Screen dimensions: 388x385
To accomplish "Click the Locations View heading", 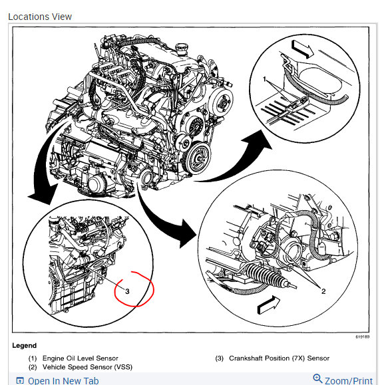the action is click(x=40, y=17).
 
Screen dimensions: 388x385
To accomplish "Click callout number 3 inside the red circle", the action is click(x=127, y=291).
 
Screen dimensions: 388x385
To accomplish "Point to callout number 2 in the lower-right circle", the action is click(x=323, y=291).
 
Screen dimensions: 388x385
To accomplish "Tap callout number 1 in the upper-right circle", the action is click(x=265, y=79).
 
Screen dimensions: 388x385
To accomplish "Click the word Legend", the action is click(x=24, y=346).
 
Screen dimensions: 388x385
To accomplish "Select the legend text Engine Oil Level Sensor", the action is click(x=80, y=358).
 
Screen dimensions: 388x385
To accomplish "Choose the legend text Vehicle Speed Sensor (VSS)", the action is click(x=87, y=367).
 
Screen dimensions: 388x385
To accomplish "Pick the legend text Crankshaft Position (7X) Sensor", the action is click(x=279, y=358).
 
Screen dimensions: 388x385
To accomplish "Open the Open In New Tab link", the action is click(x=63, y=381).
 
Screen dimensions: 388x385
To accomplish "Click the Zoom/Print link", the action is click(x=349, y=381).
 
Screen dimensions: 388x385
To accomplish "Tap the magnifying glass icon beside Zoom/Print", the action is click(x=317, y=379).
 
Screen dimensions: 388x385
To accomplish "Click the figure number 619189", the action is click(x=363, y=336).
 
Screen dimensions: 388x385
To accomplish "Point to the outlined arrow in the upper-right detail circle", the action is click(x=303, y=49).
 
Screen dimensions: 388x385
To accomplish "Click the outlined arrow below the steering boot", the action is click(x=269, y=305).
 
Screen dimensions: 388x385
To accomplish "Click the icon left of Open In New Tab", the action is click(x=20, y=381).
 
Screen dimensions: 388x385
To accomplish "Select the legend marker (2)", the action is click(x=33, y=367).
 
